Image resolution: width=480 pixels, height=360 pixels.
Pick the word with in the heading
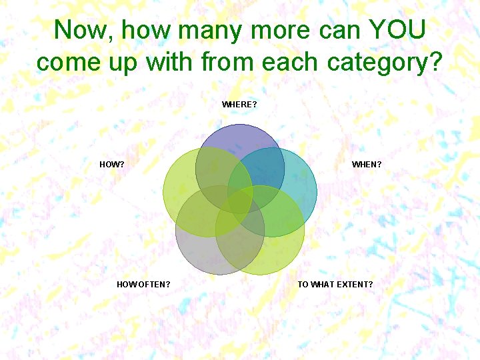click(170, 62)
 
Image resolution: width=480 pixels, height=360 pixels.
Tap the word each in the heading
click(291, 62)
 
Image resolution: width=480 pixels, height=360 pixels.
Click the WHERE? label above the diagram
click(239, 105)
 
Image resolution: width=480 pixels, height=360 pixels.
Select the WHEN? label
click(367, 164)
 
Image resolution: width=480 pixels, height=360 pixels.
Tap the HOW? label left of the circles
click(111, 164)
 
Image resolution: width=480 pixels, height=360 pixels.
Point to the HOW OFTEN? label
click(143, 285)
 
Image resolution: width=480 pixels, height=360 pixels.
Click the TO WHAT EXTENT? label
click(335, 285)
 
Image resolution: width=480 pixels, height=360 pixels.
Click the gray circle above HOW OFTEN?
click(200, 253)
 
